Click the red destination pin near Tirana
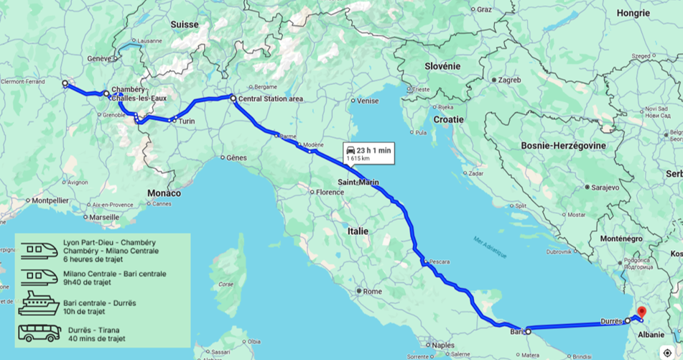pyautogui.click(x=642, y=313)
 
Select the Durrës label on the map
pyautogui.click(x=611, y=323)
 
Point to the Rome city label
pyautogui.click(x=372, y=291)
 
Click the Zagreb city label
pyautogui.click(x=508, y=80)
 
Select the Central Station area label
pyautogui.click(x=269, y=98)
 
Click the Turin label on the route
pyautogui.click(x=187, y=121)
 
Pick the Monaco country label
pyautogui.click(x=164, y=193)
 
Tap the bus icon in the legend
pyautogui.click(x=39, y=334)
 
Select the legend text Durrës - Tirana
pyautogui.click(x=95, y=330)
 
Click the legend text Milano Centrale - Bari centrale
pyautogui.click(x=115, y=274)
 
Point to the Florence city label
pyautogui.click(x=331, y=193)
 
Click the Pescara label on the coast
pyautogui.click(x=440, y=262)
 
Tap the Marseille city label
pyautogui.click(x=103, y=217)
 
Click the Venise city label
pyautogui.click(x=367, y=101)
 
